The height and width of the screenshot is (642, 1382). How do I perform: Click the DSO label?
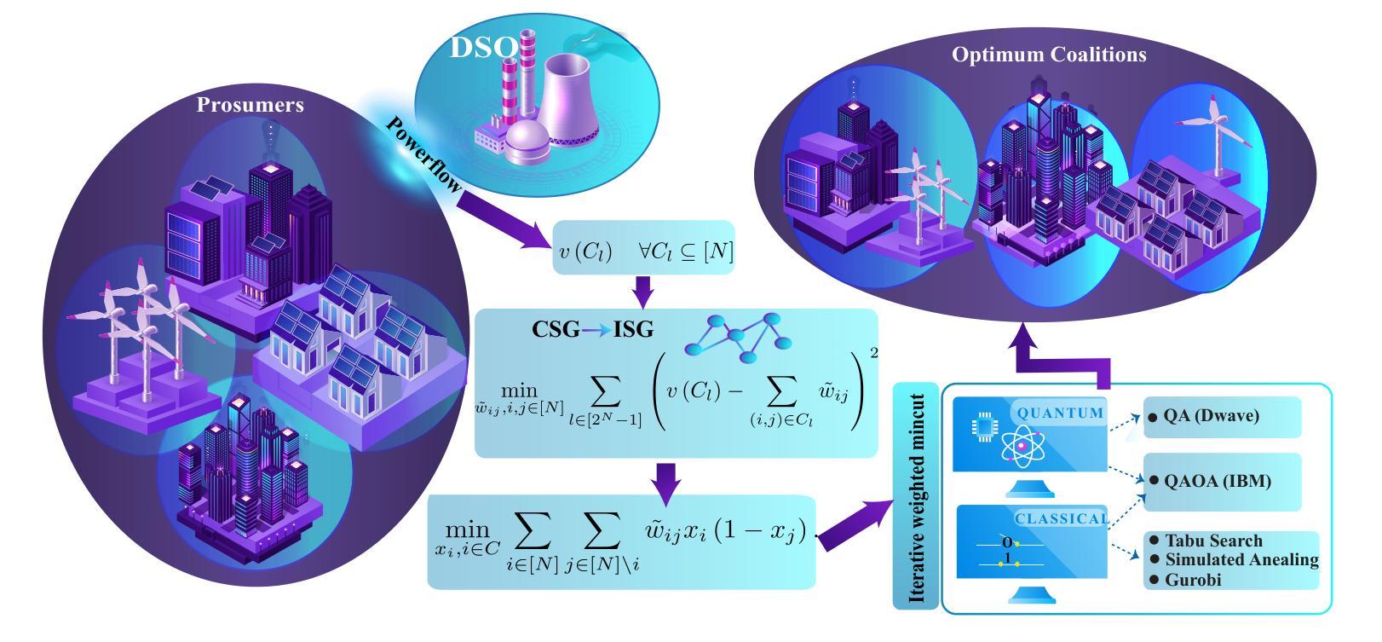point(482,48)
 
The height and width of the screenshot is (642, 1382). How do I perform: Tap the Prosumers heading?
point(250,105)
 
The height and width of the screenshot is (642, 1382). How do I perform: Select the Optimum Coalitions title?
point(1049,55)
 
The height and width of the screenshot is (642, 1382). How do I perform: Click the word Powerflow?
point(423,153)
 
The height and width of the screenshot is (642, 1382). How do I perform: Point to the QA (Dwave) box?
point(1222,417)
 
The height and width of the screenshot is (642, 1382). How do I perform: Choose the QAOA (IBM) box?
point(1222,482)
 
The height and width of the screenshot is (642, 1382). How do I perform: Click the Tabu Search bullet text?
point(1213,541)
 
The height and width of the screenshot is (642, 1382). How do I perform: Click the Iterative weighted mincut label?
point(917,498)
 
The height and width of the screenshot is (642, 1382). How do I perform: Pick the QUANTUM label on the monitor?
point(1060,413)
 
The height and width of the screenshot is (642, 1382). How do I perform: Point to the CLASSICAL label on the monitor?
point(1062,518)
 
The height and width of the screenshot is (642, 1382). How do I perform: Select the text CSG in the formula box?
point(556,329)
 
